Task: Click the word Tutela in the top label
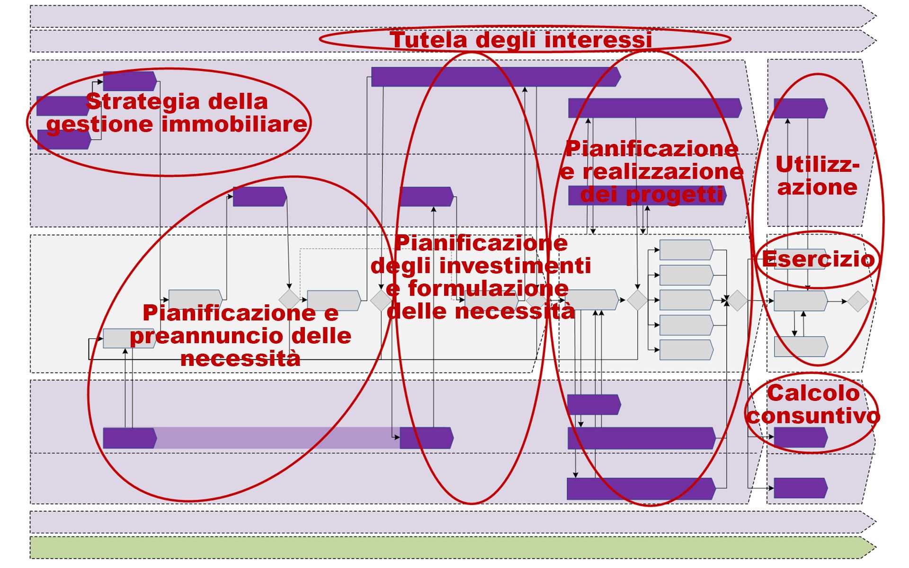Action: (428, 40)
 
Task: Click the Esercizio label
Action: (818, 259)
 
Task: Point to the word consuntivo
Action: (813, 416)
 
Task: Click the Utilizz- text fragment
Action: (817, 165)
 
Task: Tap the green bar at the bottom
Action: (450, 547)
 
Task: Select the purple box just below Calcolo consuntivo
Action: (800, 438)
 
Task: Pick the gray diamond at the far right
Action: (857, 301)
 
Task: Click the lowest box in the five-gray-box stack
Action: (686, 350)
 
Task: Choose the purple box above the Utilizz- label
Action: (800, 108)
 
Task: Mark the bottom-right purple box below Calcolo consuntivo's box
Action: (800, 488)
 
